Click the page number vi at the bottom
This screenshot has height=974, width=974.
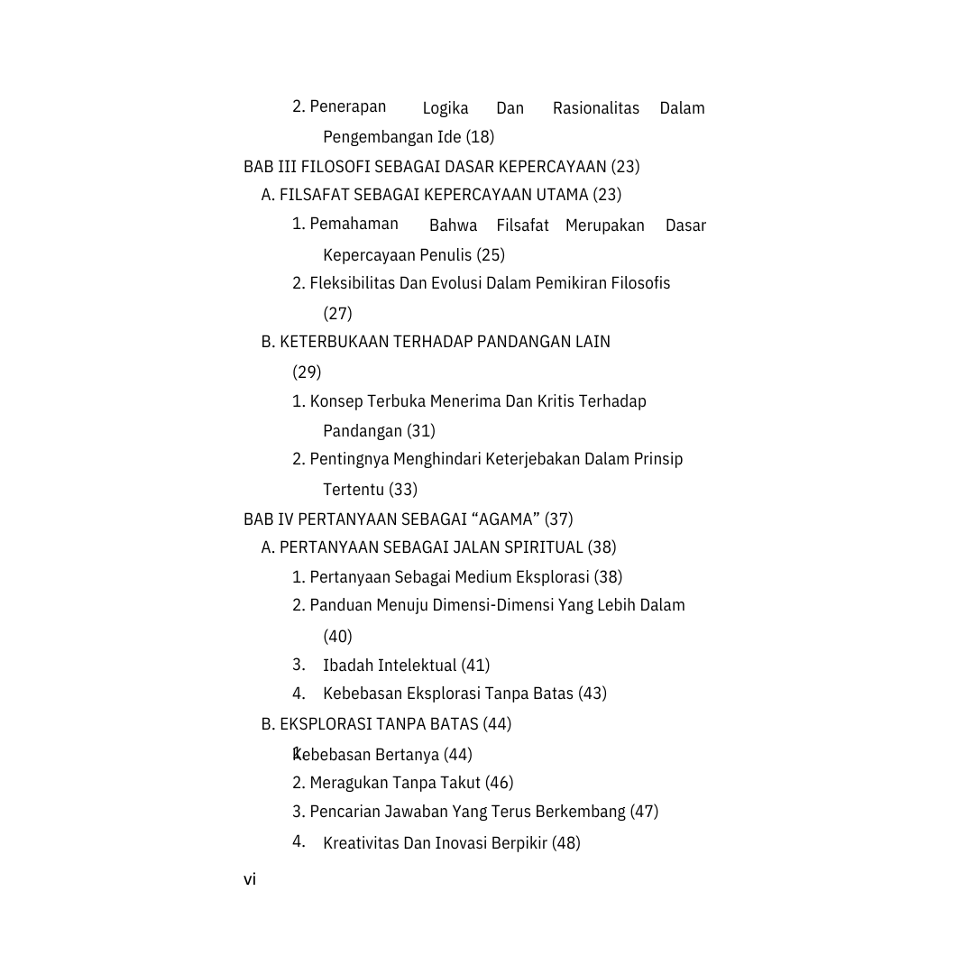(250, 879)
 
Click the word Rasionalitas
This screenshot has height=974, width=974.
(595, 108)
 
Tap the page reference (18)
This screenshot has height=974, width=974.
(480, 137)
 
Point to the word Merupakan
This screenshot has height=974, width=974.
(604, 225)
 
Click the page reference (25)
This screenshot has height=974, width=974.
(491, 255)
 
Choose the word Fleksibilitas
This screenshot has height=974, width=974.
(353, 283)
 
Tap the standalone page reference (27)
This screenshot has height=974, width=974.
(337, 314)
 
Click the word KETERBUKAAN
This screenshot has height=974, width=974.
(334, 342)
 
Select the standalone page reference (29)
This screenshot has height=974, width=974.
(307, 372)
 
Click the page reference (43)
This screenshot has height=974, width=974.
(593, 694)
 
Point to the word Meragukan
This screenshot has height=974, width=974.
(349, 783)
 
